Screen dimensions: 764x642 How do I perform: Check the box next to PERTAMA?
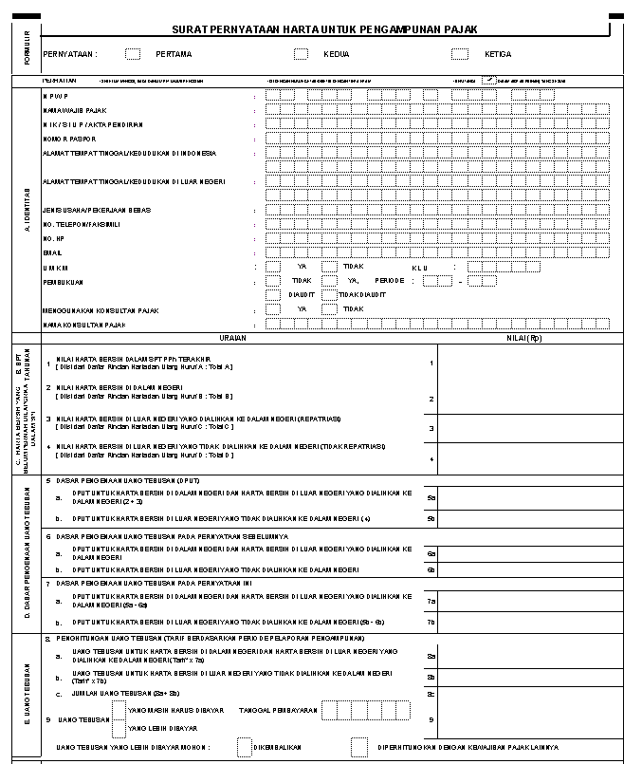[x=133, y=54]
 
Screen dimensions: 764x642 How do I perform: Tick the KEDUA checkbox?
[x=301, y=54]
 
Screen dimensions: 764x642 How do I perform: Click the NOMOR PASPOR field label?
[x=69, y=139]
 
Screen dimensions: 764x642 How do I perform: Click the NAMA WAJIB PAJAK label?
[x=75, y=110]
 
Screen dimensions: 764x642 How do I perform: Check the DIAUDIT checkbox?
[x=273, y=295]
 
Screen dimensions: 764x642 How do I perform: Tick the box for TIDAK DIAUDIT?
[x=329, y=295]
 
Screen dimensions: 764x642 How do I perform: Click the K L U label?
[x=419, y=267]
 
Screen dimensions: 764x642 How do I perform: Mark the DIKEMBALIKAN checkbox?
[x=244, y=748]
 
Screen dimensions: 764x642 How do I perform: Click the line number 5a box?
[x=431, y=497]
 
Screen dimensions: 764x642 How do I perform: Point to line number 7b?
[x=431, y=623]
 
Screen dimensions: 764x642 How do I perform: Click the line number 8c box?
[x=431, y=694]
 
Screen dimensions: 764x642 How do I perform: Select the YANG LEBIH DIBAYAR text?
[x=162, y=728]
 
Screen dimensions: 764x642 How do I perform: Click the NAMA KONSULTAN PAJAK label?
[x=84, y=325]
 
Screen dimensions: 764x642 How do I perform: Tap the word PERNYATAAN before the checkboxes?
[x=69, y=54]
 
